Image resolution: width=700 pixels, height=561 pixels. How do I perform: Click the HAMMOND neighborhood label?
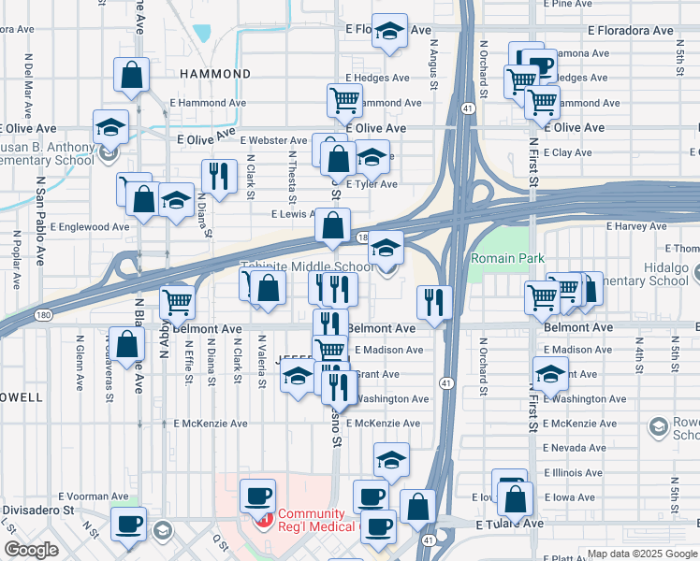[x=215, y=73]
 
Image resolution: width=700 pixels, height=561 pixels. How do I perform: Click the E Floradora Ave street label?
[x=627, y=31]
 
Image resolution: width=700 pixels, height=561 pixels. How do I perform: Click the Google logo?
[x=31, y=550]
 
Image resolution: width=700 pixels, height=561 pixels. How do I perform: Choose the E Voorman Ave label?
[x=94, y=496]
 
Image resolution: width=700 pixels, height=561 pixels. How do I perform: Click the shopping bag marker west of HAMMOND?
[x=132, y=75]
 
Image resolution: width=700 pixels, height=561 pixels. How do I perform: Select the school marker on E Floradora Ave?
[x=389, y=32]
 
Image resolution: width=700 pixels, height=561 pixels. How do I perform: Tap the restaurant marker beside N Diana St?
[x=219, y=177]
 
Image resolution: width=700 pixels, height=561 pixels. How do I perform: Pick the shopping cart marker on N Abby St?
[x=177, y=302]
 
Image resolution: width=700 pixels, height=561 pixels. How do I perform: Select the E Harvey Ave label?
[x=634, y=226]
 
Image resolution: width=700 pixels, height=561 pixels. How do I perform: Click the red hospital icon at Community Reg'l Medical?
[x=266, y=517]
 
